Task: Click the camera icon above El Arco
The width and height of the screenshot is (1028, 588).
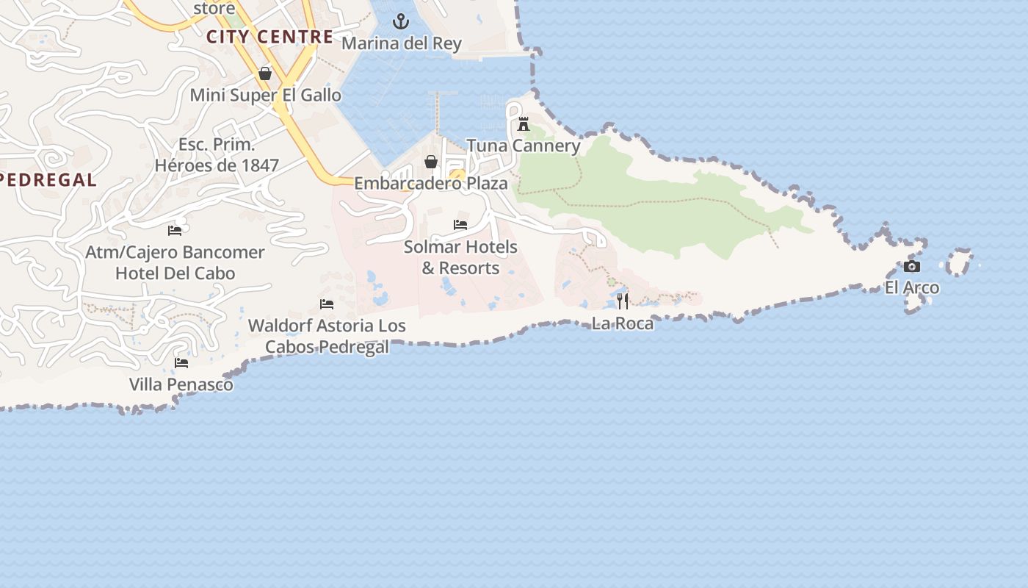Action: coord(911,266)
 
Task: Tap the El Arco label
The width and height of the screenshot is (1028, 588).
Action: coord(911,287)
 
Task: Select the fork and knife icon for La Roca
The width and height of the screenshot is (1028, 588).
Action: coord(623,301)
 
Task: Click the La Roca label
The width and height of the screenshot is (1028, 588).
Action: coord(623,323)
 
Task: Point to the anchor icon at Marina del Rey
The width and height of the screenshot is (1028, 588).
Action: coord(401,21)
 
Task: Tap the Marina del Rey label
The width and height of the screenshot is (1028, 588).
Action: coord(401,43)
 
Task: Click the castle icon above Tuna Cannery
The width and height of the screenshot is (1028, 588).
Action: coord(524,123)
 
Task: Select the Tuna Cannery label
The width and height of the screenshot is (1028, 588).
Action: coord(524,146)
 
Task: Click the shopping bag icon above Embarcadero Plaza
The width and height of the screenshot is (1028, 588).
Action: coord(431,162)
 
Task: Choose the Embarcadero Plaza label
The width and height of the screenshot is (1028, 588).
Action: coord(431,183)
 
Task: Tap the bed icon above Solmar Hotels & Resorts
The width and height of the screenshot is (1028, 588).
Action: coord(460,224)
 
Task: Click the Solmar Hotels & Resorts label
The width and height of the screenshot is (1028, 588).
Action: coord(460,257)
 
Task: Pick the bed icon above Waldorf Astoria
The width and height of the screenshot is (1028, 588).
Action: coord(327,304)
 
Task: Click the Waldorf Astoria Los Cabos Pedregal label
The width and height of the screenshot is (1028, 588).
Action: coord(327,336)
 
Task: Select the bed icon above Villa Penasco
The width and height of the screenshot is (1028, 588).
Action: coord(181,362)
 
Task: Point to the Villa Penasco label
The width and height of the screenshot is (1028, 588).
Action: coord(181,384)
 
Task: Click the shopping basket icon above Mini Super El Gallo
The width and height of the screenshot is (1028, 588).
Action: coord(265,73)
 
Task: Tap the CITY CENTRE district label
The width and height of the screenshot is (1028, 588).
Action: coord(269,37)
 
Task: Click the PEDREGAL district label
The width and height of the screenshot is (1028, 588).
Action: coord(48,180)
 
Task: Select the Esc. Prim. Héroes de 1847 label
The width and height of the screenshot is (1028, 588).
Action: coord(217,155)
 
